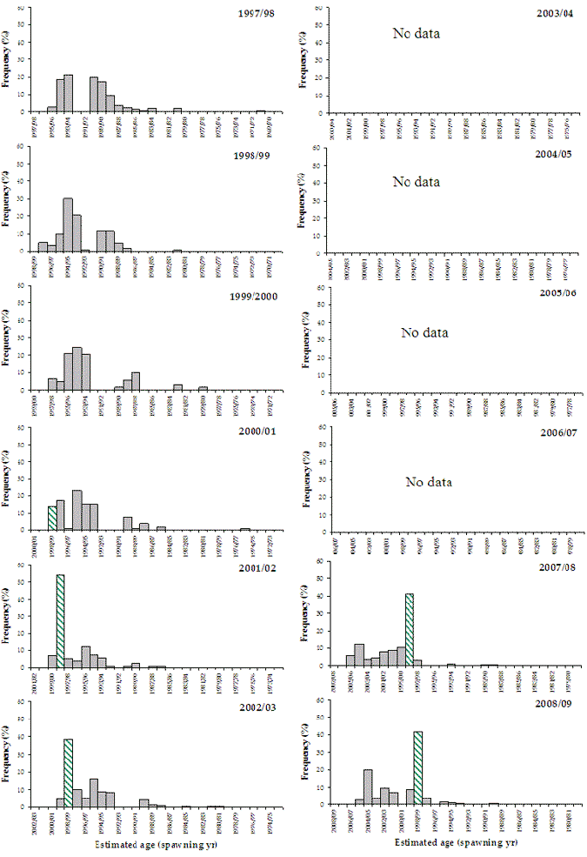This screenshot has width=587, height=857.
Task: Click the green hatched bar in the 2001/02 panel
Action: [60, 621]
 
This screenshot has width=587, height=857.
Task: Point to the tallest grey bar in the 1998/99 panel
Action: [68, 225]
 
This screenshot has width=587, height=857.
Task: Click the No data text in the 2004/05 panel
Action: [417, 182]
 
